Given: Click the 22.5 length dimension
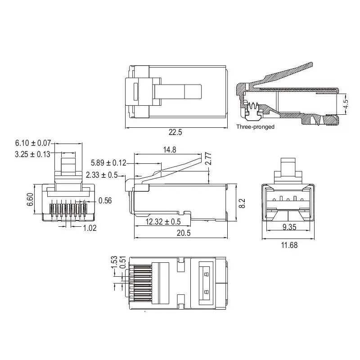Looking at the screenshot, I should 175,132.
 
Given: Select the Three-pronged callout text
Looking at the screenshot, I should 255,127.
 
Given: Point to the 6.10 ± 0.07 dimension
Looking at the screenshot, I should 33,143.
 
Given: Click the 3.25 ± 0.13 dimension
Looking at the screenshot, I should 33,154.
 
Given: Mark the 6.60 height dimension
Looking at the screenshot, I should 30,199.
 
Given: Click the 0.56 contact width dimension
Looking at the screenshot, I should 105,201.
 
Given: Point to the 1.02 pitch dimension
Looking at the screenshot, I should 90,228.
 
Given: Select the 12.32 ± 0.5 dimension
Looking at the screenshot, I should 163,222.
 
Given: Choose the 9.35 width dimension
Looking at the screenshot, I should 289,227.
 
